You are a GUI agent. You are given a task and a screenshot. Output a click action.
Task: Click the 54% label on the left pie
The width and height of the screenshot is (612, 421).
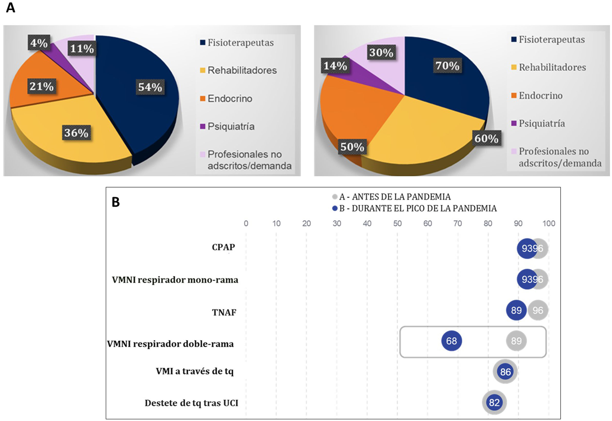coord(150,87)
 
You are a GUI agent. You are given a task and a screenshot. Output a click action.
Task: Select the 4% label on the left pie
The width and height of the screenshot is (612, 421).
coord(39,43)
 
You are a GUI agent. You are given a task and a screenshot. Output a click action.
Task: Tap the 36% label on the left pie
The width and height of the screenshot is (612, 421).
coord(76,133)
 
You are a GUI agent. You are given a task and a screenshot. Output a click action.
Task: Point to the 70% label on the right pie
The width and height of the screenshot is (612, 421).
coord(447,65)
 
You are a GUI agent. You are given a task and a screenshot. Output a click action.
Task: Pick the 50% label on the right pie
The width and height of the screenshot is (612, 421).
coord(352,147)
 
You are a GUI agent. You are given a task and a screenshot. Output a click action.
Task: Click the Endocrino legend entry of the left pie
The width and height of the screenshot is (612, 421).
coord(230,99)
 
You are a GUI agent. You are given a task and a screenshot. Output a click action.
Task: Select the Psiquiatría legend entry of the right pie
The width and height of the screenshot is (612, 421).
coord(541,123)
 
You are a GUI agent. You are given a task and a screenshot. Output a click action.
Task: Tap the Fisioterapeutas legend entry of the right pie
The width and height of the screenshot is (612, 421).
coord(551,40)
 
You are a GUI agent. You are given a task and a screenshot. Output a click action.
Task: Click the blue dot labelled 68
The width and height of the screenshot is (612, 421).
coord(451,341)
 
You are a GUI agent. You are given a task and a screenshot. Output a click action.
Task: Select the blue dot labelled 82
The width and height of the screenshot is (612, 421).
coord(494,402)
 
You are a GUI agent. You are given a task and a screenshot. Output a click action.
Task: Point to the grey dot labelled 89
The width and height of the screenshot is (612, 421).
coord(516,341)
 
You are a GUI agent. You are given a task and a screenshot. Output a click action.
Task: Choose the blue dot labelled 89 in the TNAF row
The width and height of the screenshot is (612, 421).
coord(516,310)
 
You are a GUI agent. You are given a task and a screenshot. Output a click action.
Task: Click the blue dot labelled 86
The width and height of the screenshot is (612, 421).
coord(505,372)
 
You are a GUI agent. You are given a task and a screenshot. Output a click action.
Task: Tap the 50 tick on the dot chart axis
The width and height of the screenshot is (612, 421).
coord(397,223)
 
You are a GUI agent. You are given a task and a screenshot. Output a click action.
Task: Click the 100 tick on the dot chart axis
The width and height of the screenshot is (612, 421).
coord(549,223)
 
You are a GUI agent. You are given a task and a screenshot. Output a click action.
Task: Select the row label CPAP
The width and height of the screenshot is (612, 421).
coord(223,247)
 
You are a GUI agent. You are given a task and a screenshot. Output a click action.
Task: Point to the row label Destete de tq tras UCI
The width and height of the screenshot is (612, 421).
coord(191,403)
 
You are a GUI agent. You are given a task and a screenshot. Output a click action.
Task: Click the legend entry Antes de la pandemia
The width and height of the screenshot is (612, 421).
coord(395,197)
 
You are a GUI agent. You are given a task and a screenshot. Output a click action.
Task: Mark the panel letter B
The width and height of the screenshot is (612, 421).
coord(116,202)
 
